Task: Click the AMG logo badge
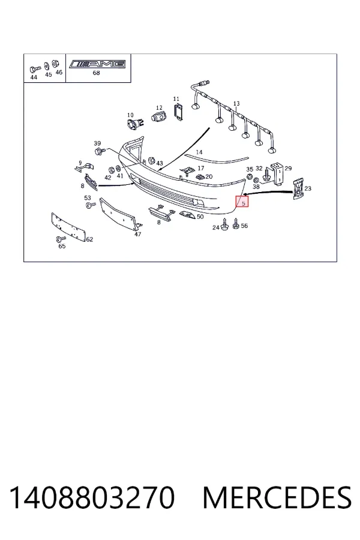[98, 64]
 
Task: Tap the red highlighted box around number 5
[242, 201]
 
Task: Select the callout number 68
[97, 73]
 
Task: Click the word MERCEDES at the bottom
[277, 497]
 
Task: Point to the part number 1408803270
[92, 497]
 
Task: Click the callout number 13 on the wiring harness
[236, 103]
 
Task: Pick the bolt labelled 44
[34, 69]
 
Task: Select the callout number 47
[138, 234]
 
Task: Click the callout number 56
[244, 226]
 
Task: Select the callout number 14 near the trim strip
[199, 152]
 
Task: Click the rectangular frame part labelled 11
[178, 111]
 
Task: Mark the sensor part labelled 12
[158, 116]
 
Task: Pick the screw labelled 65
[59, 239]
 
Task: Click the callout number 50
[200, 217]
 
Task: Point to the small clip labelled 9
[84, 167]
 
